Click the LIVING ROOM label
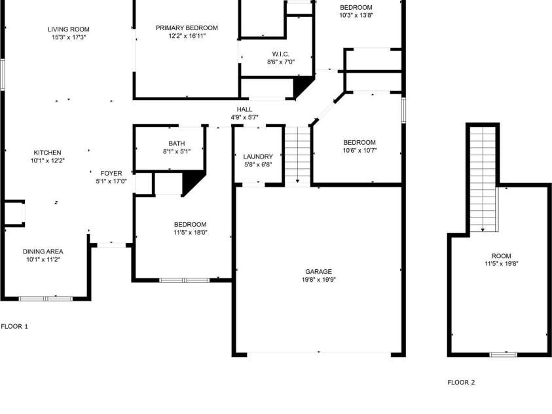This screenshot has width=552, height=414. click(x=69, y=29)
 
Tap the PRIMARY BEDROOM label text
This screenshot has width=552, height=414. click(x=187, y=28)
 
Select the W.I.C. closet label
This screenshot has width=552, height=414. click(x=280, y=54)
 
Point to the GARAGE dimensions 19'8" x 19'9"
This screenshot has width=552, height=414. click(x=319, y=280)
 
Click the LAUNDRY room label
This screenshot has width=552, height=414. click(x=258, y=157)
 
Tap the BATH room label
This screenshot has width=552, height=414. click(x=177, y=143)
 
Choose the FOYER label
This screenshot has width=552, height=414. click(x=111, y=173)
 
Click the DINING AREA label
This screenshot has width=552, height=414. click(x=43, y=252)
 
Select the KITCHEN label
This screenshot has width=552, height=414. click(x=48, y=153)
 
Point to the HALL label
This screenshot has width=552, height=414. click(x=244, y=109)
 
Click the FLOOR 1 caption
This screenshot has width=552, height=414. click(x=14, y=326)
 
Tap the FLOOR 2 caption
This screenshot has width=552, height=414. click(x=461, y=383)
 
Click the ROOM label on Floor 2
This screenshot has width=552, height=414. click(x=502, y=256)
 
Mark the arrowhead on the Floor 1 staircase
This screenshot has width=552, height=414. click(x=297, y=181)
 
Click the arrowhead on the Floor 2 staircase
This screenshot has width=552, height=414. click(x=483, y=230)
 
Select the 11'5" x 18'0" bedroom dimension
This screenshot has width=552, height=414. click(x=190, y=233)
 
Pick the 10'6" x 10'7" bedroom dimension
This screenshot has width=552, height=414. click(x=359, y=150)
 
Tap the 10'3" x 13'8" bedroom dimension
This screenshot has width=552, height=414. click(x=356, y=15)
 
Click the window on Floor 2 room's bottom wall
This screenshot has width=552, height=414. click(x=504, y=355)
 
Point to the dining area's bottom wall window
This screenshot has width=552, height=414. click(x=45, y=299)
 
